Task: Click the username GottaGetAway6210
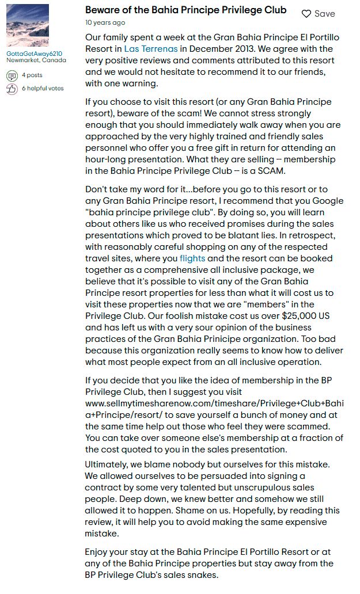click(x=34, y=54)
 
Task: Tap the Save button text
click(x=324, y=14)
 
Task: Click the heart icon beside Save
click(x=306, y=14)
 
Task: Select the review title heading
click(x=185, y=10)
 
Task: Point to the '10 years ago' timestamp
click(x=105, y=23)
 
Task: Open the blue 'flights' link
click(x=192, y=258)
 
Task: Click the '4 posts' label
click(x=32, y=75)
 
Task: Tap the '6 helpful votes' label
click(x=43, y=89)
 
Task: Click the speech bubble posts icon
click(x=12, y=75)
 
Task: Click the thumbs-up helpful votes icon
click(x=12, y=89)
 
